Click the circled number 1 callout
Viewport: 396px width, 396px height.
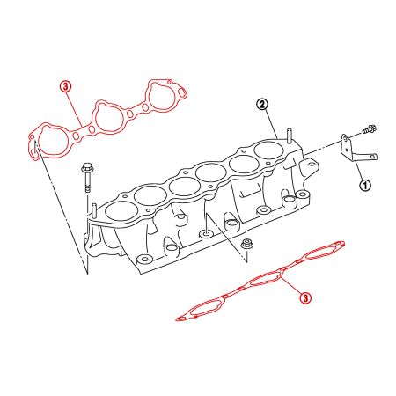point(365,186)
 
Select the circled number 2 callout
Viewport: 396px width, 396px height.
point(262,104)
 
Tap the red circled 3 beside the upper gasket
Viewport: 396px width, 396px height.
point(65,86)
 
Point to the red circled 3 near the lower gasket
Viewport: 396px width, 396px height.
point(305,298)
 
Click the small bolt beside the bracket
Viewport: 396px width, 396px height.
point(370,129)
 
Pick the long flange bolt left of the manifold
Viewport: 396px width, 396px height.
point(87,177)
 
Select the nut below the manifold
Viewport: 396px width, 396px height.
point(246,244)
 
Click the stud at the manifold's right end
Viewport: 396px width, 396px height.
point(290,136)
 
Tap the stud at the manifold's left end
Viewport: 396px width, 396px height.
point(94,209)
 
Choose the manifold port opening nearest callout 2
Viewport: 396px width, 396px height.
point(268,150)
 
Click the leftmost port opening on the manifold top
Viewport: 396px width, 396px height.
point(121,211)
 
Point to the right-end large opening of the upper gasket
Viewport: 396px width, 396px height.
point(162,96)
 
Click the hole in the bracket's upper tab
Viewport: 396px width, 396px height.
point(344,137)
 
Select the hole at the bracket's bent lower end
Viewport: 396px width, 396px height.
point(373,157)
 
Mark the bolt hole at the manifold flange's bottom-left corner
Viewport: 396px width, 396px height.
point(143,260)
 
